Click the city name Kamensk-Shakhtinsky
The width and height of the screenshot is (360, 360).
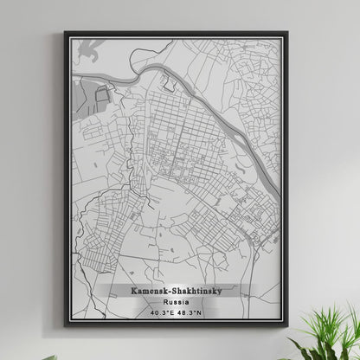tap(176, 292)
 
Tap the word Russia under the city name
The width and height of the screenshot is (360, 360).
tap(176, 302)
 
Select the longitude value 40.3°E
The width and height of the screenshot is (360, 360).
tap(162, 312)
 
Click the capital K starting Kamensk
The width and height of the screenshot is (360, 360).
tap(133, 292)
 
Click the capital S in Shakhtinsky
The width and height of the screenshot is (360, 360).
tap(174, 292)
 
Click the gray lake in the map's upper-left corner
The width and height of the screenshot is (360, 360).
tap(87, 55)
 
